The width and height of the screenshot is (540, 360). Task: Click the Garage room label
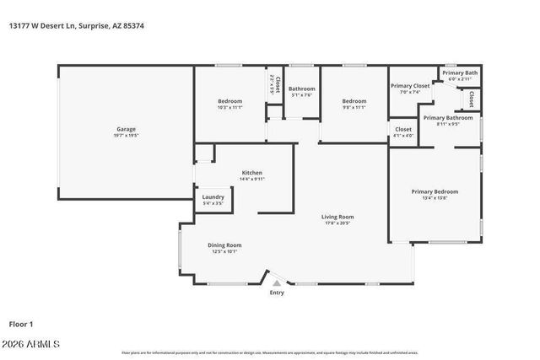pyautogui.click(x=126, y=129)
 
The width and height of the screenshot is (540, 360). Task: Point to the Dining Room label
pyautogui.click(x=224, y=244)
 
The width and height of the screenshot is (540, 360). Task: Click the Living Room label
pyautogui.click(x=337, y=217)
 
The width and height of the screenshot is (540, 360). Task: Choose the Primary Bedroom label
pyautogui.click(x=435, y=191)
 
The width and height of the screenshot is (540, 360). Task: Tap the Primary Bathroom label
pyautogui.click(x=447, y=117)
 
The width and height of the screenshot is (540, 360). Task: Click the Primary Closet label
pyautogui.click(x=410, y=85)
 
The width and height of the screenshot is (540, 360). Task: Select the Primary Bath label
pyautogui.click(x=460, y=73)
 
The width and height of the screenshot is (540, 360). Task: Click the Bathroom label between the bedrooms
pyautogui.click(x=301, y=89)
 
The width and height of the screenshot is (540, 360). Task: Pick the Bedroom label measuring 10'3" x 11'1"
pyautogui.click(x=229, y=101)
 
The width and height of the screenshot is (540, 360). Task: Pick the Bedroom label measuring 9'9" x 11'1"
pyautogui.click(x=354, y=101)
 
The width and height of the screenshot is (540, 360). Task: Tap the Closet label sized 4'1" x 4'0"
pyautogui.click(x=403, y=129)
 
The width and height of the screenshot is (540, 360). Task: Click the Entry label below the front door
pyautogui.click(x=277, y=293)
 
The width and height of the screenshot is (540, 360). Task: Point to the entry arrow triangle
pyautogui.click(x=276, y=283)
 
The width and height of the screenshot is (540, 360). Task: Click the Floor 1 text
pyautogui.click(x=21, y=323)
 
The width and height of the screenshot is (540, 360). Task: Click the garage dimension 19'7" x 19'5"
pyautogui.click(x=126, y=135)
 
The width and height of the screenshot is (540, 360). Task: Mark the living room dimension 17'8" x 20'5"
pyautogui.click(x=337, y=223)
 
